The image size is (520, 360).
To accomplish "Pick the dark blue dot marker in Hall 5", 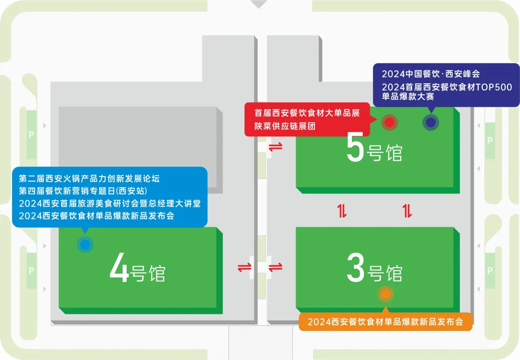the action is (430, 123).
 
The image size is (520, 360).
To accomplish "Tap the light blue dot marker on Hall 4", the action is (85, 244).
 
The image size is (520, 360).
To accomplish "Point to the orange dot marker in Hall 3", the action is (385, 293).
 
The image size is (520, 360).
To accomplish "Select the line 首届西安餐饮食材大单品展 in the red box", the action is (307, 113).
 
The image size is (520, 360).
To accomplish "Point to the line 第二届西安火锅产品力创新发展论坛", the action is (89, 179).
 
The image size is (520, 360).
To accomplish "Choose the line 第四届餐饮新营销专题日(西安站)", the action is (83, 191).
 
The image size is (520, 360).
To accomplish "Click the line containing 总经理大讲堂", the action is (110, 204).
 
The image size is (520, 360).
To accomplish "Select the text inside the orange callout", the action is (385, 322).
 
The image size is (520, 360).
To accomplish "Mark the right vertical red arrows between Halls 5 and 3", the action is (407, 211).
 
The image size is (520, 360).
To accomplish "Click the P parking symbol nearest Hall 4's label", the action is (31, 271).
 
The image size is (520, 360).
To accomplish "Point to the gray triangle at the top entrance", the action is (259, 4).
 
